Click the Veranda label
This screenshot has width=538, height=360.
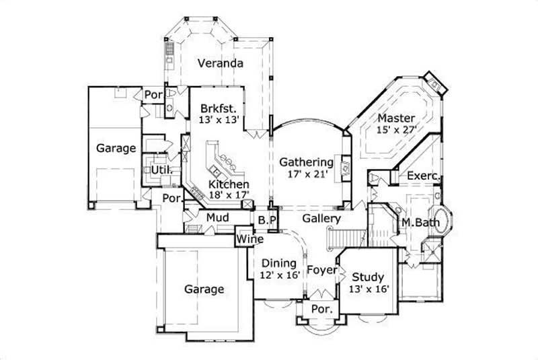click(x=220, y=64)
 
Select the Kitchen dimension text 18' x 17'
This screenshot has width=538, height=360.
click(x=229, y=194)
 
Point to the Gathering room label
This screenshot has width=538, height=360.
click(x=307, y=162)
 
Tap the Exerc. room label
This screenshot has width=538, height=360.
click(x=423, y=176)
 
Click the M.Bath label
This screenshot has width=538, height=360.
click(x=417, y=222)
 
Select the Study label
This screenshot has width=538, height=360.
click(x=367, y=277)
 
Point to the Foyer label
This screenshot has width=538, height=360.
click(x=322, y=271)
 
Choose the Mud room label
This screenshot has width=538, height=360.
click(x=218, y=217)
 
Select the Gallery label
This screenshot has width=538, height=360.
click(x=321, y=219)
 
